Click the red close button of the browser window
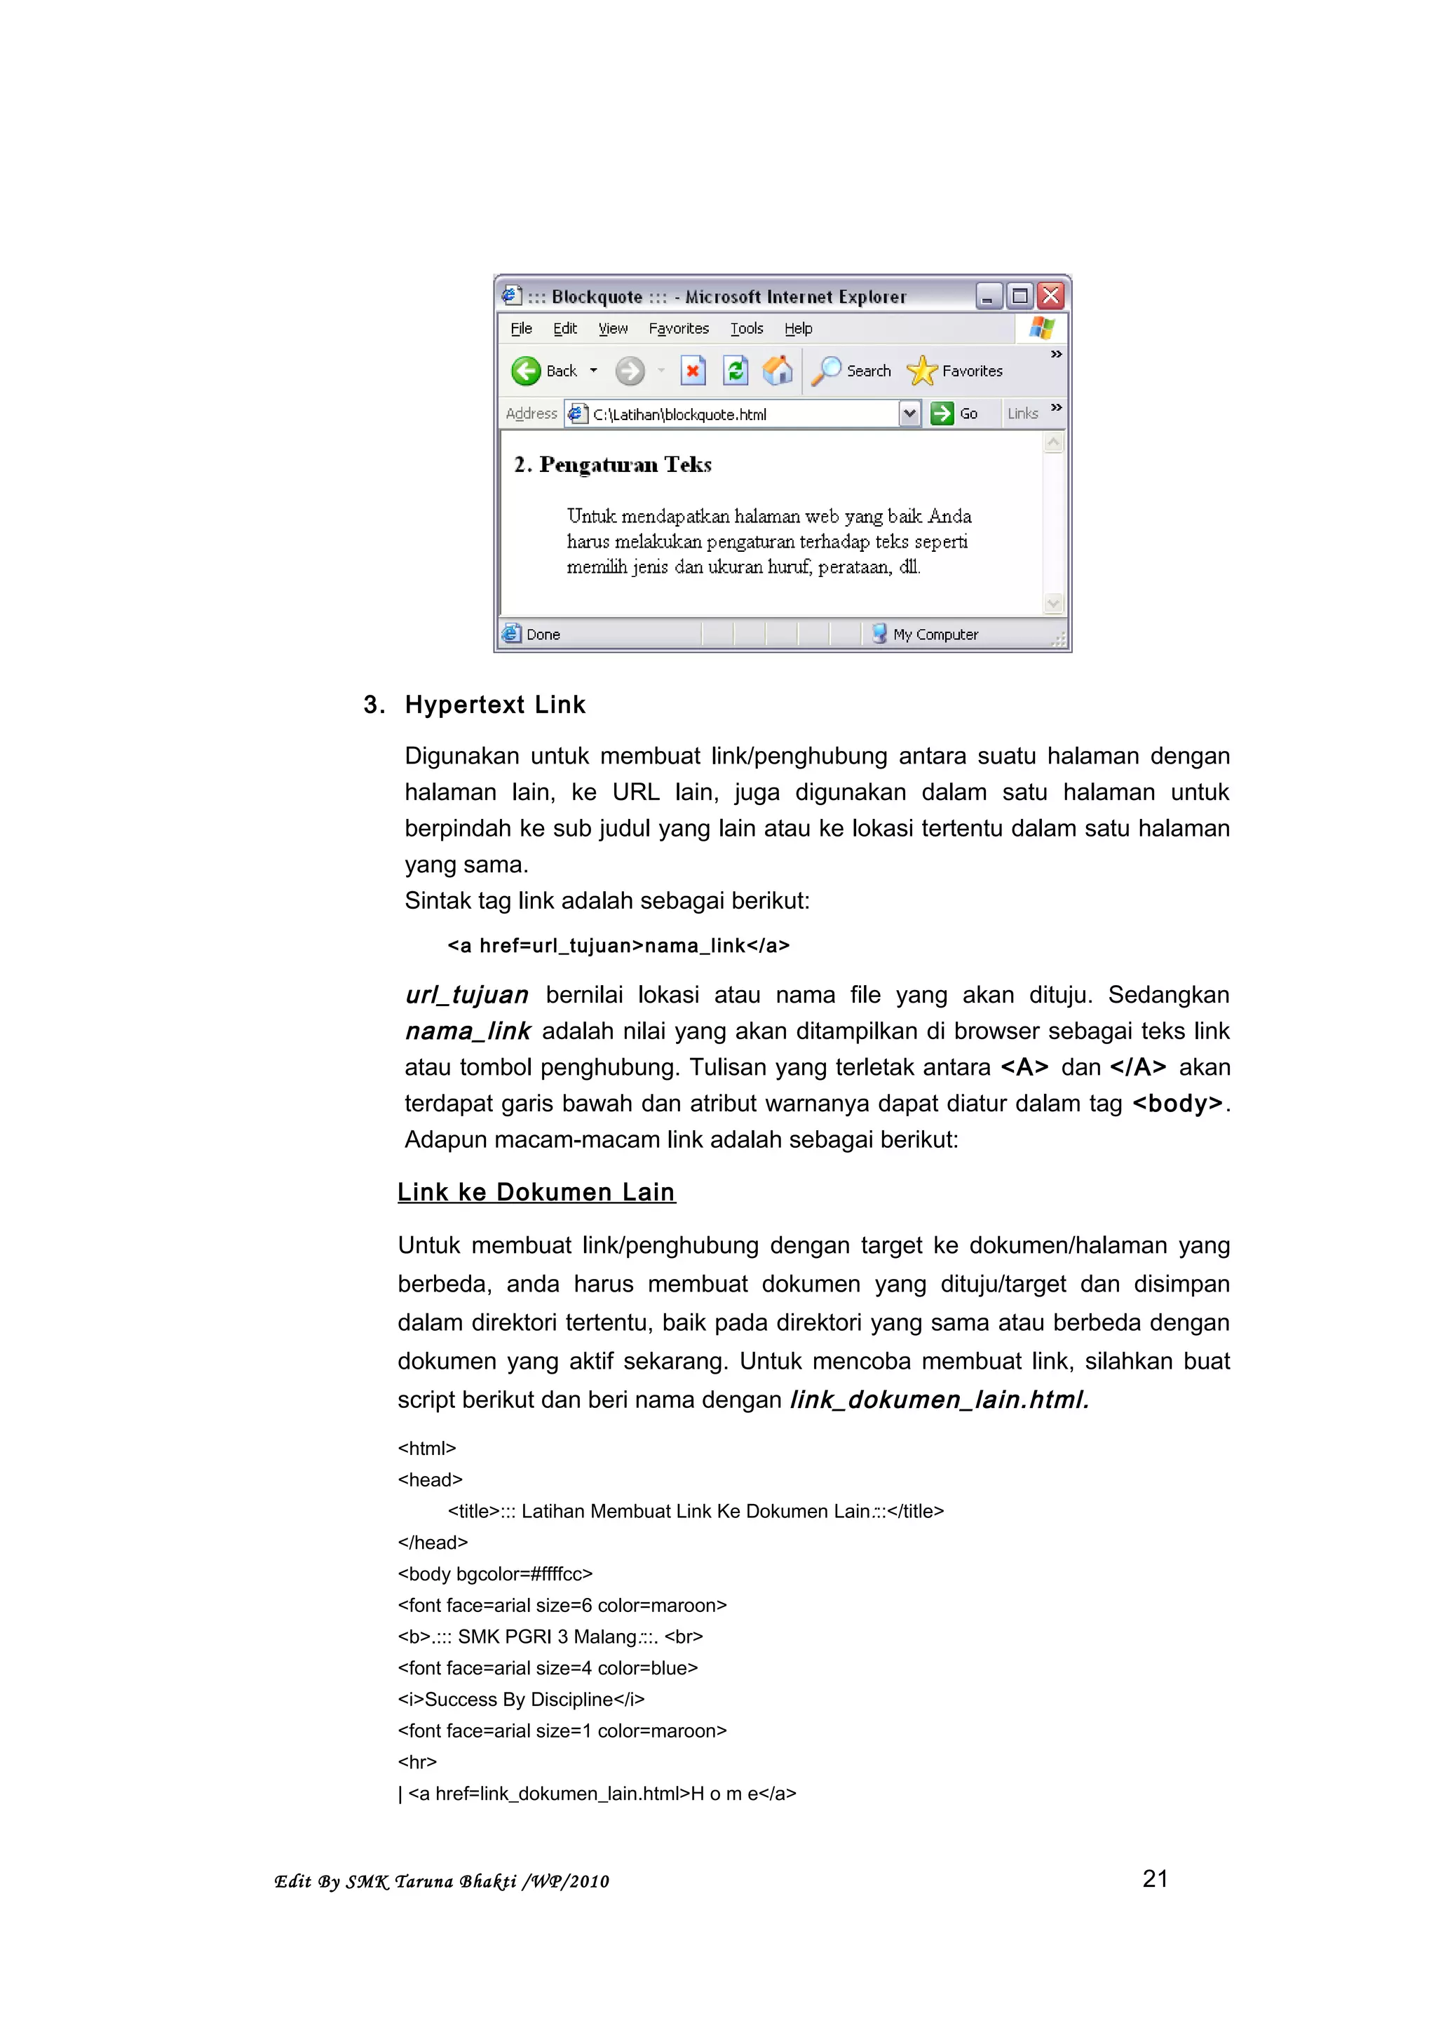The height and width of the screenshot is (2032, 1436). pyautogui.click(x=1050, y=296)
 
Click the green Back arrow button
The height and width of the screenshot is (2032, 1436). pyautogui.click(x=527, y=371)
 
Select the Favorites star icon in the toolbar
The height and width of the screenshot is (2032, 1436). pyautogui.click(x=921, y=371)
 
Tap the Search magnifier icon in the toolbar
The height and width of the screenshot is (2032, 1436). pyautogui.click(x=827, y=371)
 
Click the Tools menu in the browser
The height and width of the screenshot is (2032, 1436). pyautogui.click(x=746, y=328)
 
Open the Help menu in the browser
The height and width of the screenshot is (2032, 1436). pyautogui.click(x=797, y=328)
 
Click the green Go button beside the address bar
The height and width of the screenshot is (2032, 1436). pyautogui.click(x=943, y=413)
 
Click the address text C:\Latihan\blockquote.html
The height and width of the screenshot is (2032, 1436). pyautogui.click(x=679, y=414)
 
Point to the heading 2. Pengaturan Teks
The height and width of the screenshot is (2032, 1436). pyautogui.click(x=612, y=465)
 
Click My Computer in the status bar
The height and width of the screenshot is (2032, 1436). pyautogui.click(x=935, y=635)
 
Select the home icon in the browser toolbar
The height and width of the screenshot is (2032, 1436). pyautogui.click(x=778, y=371)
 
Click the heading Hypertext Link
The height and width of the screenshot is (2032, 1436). pyautogui.click(x=494, y=705)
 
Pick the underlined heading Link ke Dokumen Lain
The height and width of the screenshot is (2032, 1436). pyautogui.click(x=536, y=1192)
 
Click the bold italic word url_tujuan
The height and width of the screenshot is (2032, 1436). pyautogui.click(x=467, y=995)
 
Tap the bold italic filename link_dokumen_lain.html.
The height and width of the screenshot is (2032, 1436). pyautogui.click(x=939, y=1400)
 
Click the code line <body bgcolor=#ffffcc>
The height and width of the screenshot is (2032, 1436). pyautogui.click(x=494, y=1573)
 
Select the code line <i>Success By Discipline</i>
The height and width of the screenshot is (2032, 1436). pyautogui.click(x=521, y=1699)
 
